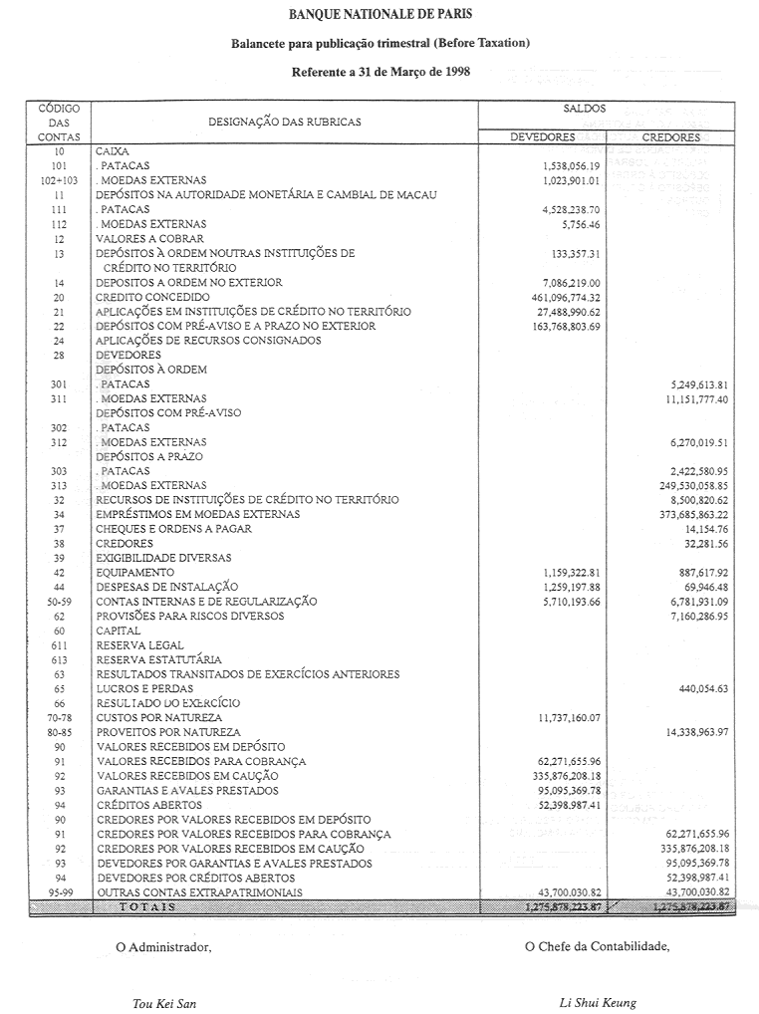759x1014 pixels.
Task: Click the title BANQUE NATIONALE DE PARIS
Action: point(379,15)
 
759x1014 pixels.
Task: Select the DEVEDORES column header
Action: point(542,137)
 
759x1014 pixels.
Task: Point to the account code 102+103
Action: point(60,180)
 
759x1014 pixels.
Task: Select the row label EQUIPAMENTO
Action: point(135,573)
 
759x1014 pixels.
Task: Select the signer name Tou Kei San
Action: point(164,1003)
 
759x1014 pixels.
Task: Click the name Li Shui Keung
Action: point(598,1003)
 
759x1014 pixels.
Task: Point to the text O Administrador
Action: point(163,947)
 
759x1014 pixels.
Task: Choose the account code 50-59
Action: point(60,602)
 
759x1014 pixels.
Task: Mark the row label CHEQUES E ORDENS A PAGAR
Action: point(173,529)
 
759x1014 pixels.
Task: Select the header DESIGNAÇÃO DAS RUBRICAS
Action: point(284,122)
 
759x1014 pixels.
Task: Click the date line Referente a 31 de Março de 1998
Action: point(380,73)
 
